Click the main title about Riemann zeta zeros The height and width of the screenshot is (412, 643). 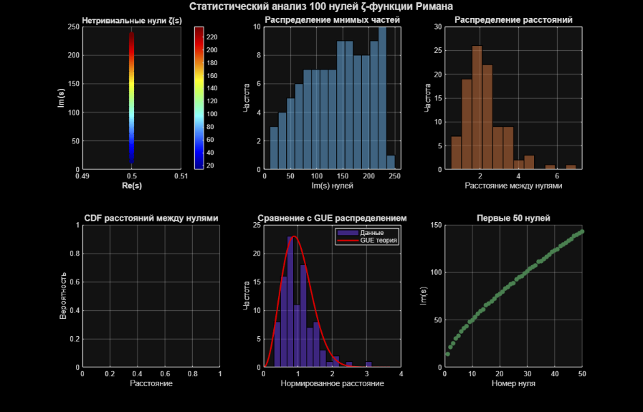321,6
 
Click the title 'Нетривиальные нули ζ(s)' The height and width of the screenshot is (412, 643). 132,21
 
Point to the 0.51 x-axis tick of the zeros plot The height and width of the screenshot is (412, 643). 181,176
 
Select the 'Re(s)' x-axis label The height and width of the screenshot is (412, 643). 132,186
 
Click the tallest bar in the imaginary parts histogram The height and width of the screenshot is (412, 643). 382,98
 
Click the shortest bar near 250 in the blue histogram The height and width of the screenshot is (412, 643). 391,163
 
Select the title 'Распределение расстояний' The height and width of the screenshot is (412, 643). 513,20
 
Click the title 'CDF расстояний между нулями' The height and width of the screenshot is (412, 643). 151,218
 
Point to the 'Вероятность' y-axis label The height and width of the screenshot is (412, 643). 64,295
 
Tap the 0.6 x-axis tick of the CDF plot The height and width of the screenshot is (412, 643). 165,374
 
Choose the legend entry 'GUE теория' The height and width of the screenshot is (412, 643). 378,241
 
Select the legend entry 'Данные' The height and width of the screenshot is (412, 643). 373,233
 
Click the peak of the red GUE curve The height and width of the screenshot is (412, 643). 293,236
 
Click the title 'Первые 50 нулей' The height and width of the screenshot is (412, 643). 513,218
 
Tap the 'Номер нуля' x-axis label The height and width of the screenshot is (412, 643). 513,383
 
